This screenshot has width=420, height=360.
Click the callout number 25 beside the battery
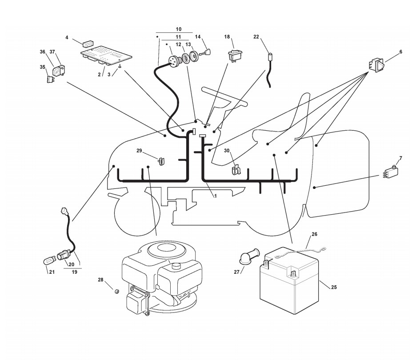pyautogui.click(x=334, y=287)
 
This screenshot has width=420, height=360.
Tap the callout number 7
pyautogui.click(x=400, y=158)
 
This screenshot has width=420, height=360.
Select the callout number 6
pyautogui.click(x=400, y=52)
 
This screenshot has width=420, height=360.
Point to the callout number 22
pyautogui.click(x=256, y=37)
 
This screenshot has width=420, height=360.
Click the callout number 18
pyautogui.click(x=227, y=37)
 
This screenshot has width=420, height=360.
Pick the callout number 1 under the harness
pyautogui.click(x=216, y=196)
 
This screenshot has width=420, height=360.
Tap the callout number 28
pyautogui.click(x=100, y=280)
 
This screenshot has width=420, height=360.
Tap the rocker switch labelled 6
pyautogui.click(x=375, y=65)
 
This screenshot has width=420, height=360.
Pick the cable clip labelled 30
pyautogui.click(x=237, y=169)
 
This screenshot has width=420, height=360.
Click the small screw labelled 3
pyautogui.click(x=120, y=66)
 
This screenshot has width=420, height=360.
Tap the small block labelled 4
pyautogui.click(x=87, y=44)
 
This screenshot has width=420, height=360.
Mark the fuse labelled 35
pyautogui.click(x=51, y=80)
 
